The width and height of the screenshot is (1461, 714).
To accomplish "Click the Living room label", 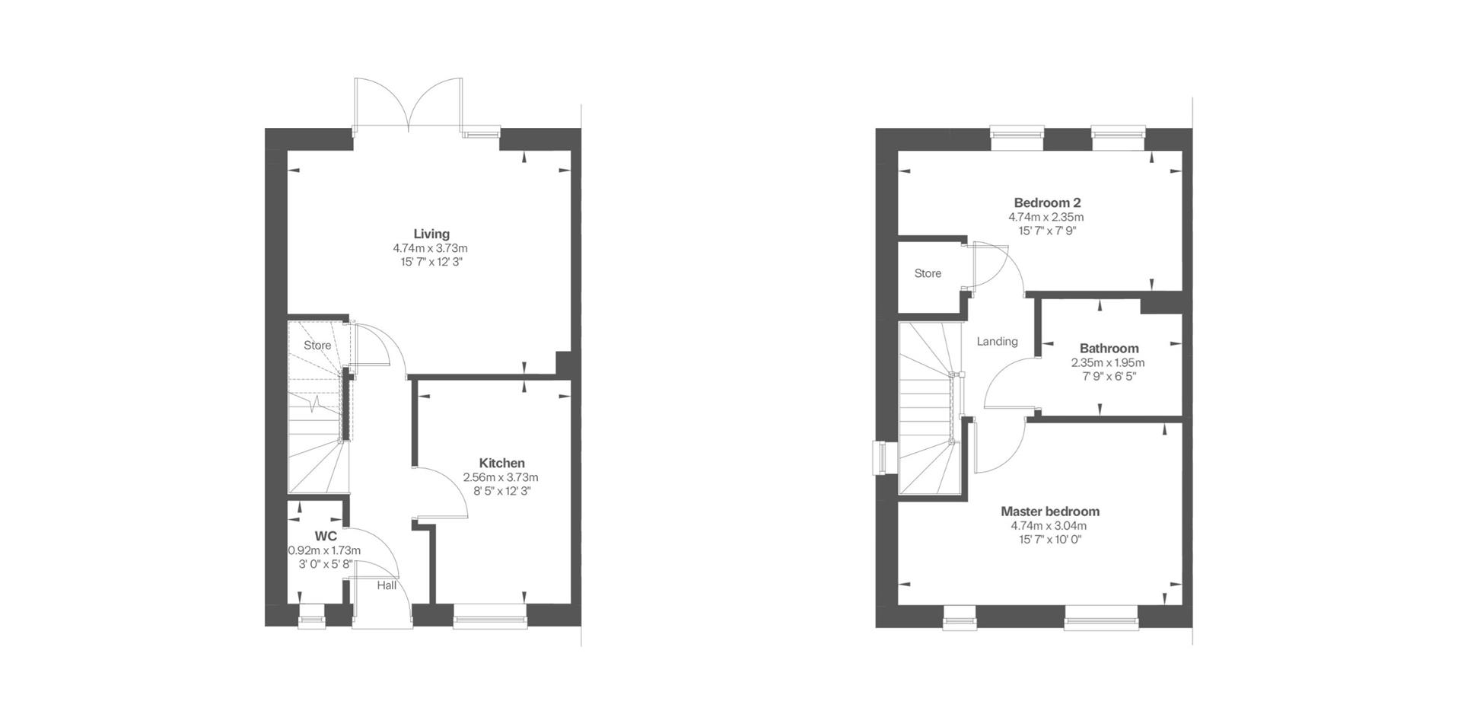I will [431, 234].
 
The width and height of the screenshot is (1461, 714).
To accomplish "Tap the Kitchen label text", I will [501, 463].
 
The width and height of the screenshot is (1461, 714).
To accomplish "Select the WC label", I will [325, 536].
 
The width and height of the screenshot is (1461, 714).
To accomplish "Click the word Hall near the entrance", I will [387, 585].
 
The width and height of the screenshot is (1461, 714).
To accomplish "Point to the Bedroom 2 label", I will [1047, 202].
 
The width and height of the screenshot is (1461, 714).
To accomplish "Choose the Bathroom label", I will [1109, 349].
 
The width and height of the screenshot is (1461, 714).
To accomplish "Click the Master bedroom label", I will [1049, 512].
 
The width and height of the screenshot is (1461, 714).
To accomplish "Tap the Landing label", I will [997, 341].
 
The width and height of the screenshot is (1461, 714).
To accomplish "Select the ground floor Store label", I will [317, 345].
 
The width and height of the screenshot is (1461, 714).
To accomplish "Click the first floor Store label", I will [928, 273].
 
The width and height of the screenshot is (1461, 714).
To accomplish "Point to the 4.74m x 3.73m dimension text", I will [430, 248].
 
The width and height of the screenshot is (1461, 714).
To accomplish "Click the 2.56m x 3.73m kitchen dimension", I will [501, 477].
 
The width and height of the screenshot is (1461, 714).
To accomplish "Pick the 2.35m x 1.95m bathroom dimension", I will [1107, 363].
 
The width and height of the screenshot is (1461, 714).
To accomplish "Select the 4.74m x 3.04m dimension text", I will [1049, 526].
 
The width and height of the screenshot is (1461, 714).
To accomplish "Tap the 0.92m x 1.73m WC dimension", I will [324, 550].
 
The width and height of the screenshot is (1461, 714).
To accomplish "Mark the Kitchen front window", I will [489, 617].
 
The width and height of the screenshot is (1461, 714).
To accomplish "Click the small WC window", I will [311, 617].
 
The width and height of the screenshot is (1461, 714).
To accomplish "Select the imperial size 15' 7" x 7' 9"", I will [1047, 231].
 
